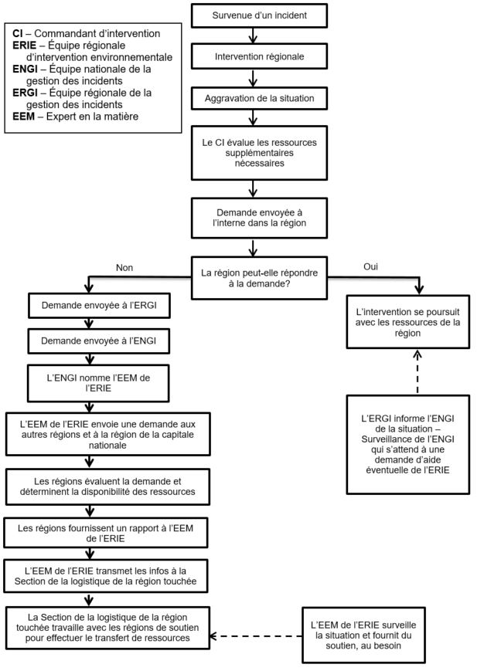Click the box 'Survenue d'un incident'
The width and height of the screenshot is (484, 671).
click(x=259, y=16)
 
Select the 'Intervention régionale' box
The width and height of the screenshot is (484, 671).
click(x=259, y=57)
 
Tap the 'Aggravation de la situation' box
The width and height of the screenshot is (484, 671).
click(x=259, y=98)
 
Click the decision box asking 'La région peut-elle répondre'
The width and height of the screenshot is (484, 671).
click(x=259, y=278)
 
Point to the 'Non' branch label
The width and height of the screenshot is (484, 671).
click(x=124, y=267)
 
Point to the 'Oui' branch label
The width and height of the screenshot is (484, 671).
click(x=370, y=266)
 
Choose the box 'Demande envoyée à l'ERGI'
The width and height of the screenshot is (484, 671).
click(x=99, y=306)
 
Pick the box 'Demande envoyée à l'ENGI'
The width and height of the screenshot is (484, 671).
click(x=98, y=341)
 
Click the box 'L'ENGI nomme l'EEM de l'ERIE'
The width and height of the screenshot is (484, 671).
click(x=98, y=383)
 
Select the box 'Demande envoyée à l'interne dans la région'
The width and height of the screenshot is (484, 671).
click(x=259, y=218)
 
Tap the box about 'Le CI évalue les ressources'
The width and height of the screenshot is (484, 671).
click(x=259, y=153)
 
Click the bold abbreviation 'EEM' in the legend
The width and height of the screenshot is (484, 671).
click(x=23, y=117)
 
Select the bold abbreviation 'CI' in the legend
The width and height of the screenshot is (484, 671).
click(x=17, y=33)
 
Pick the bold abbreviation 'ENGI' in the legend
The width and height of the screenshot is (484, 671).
click(x=25, y=69)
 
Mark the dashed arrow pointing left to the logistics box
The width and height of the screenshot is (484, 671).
click(x=256, y=636)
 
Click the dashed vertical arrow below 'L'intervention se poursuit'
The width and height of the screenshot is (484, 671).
click(x=418, y=371)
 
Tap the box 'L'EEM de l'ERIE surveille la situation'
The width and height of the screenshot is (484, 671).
click(x=363, y=635)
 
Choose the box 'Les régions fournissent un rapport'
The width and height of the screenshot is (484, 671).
click(x=106, y=534)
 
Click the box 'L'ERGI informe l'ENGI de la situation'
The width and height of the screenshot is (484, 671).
click(x=407, y=444)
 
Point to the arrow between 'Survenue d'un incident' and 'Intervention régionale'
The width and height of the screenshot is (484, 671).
click(x=253, y=36)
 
